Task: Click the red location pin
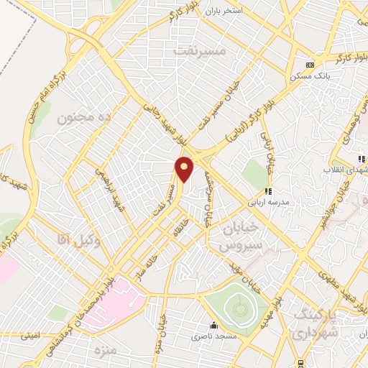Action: click(x=185, y=169)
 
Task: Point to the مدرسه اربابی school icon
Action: click(x=267, y=191)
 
